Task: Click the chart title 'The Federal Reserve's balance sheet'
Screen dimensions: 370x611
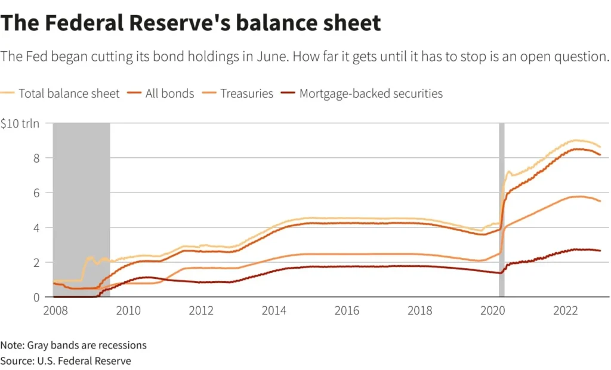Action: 191,23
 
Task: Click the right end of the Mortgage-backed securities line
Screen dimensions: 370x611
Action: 599,250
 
